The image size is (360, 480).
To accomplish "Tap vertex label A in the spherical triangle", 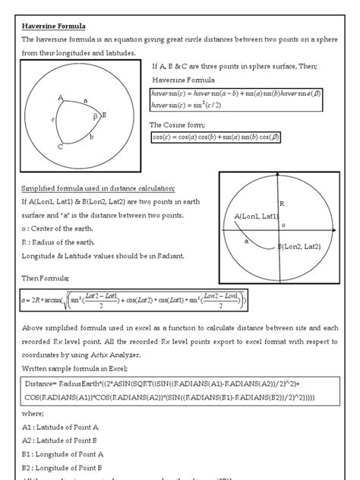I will pos(59,97).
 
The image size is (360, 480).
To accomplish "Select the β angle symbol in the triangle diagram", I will pos(96,118).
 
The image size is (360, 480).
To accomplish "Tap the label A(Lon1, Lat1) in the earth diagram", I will pos(257,217).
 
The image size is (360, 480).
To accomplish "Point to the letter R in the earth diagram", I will pos(281,204).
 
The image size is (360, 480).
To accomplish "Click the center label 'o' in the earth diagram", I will pos(283,225).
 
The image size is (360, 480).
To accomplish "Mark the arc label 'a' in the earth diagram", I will pos(246,241).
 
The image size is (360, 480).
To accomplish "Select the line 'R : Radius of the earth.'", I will pos(65,242).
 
